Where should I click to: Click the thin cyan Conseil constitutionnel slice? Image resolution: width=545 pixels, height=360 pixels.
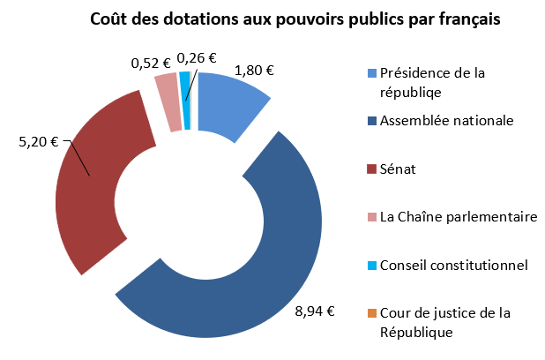coord(185,100)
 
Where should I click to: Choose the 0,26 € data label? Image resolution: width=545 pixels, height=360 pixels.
coord(197,58)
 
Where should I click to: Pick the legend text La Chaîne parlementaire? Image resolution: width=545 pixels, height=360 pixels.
coord(458,216)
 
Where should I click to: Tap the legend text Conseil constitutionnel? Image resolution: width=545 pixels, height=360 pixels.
coord(453,265)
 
